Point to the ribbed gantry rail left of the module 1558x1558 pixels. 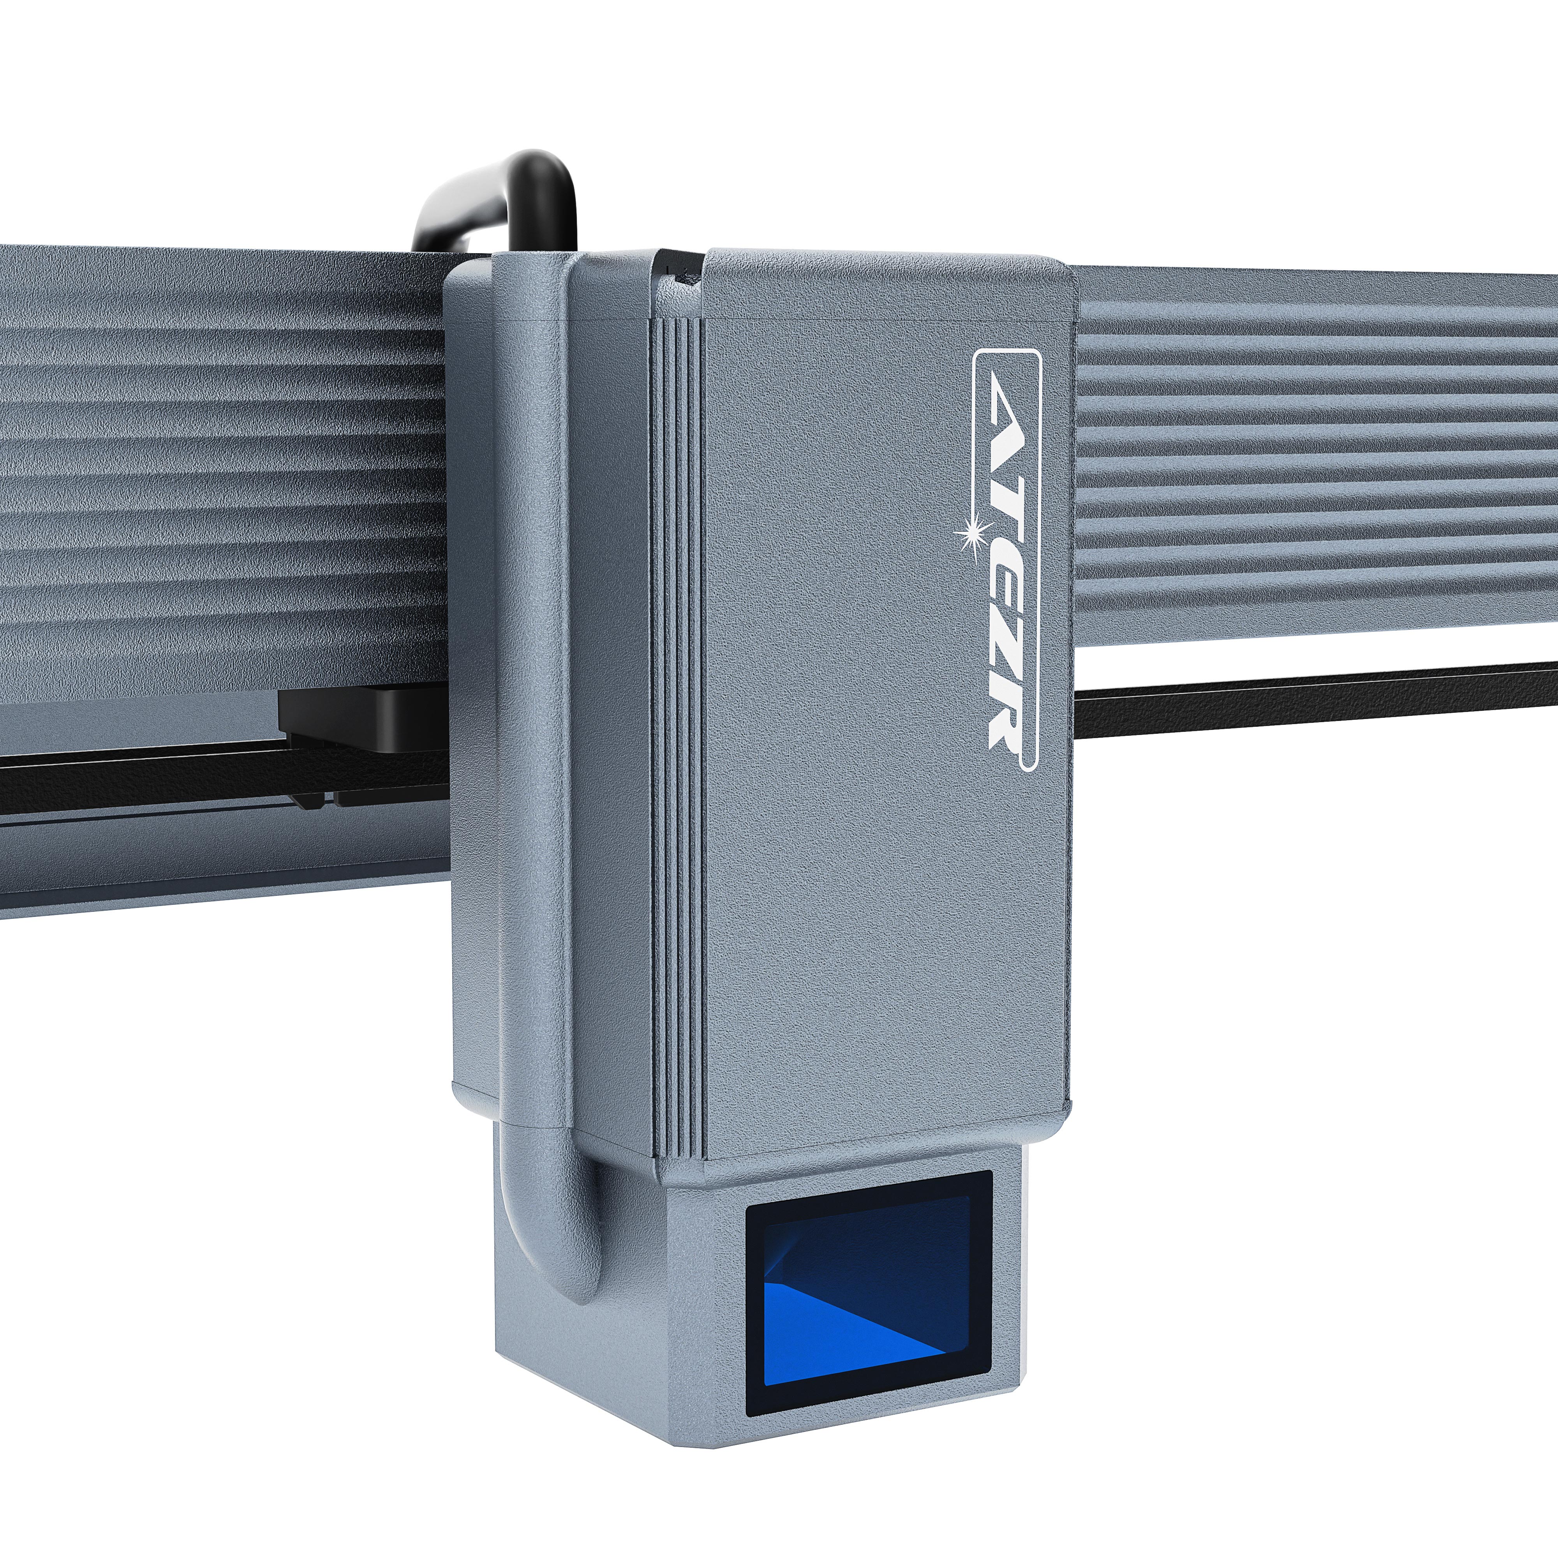pos(218,484)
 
